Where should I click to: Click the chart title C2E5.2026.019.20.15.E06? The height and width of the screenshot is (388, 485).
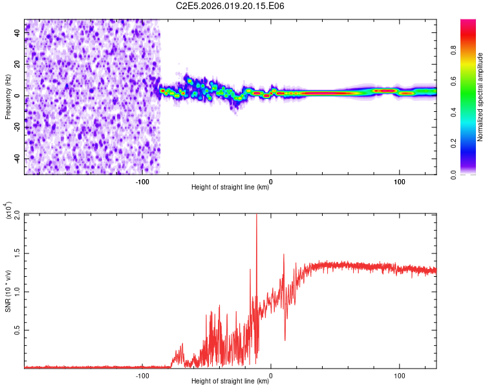pos(230,6)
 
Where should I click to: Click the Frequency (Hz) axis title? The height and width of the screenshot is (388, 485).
pos(8,96)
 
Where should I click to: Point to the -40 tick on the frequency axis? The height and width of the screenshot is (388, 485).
pos(16,158)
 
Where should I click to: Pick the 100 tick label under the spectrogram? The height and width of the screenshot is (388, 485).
pos(400,182)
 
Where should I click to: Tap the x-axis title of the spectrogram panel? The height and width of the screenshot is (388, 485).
pos(230,188)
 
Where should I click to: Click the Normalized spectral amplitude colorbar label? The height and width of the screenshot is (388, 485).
pos(480,97)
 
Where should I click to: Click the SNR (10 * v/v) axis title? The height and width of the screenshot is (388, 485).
pos(8,291)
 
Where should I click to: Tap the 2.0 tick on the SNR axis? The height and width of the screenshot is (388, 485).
pos(16,214)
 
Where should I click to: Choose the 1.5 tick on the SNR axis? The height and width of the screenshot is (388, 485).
pos(16,253)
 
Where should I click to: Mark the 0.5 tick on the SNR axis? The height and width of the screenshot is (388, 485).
pos(16,330)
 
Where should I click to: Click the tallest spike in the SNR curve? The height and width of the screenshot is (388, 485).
pos(257,216)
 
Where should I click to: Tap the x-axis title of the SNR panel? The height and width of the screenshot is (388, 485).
pos(230,382)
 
